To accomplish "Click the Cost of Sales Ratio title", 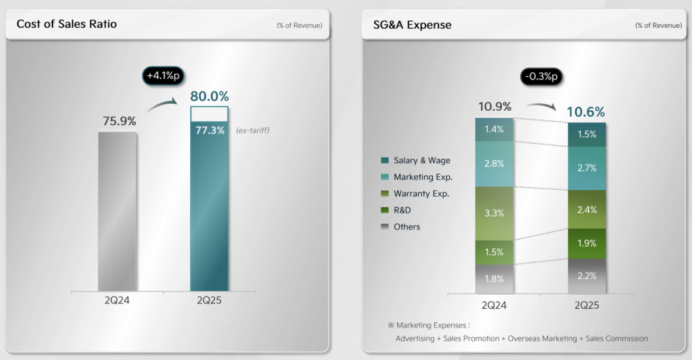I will pos(67,24).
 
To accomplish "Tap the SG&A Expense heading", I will pos(412,25).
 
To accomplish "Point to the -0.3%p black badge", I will pos(540,76).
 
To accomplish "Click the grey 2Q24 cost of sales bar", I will pos(117,211).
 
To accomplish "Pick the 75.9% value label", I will pos(119,120).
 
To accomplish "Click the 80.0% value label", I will pos(210,97).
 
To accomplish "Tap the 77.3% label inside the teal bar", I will pos(210,130).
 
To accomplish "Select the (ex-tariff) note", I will pos(253,131).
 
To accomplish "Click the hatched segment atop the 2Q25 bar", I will pos(210,113).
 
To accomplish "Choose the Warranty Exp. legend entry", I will pos(421,193).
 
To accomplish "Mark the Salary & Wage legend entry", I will pos(422,160).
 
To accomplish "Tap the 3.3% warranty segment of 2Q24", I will pos(494,213).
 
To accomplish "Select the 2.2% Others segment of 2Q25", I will pos(587,276).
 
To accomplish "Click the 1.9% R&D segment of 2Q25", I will pos(587,243).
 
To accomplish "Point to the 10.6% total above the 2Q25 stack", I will pos(586,112).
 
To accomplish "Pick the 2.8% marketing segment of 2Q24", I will pos(494,164).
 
